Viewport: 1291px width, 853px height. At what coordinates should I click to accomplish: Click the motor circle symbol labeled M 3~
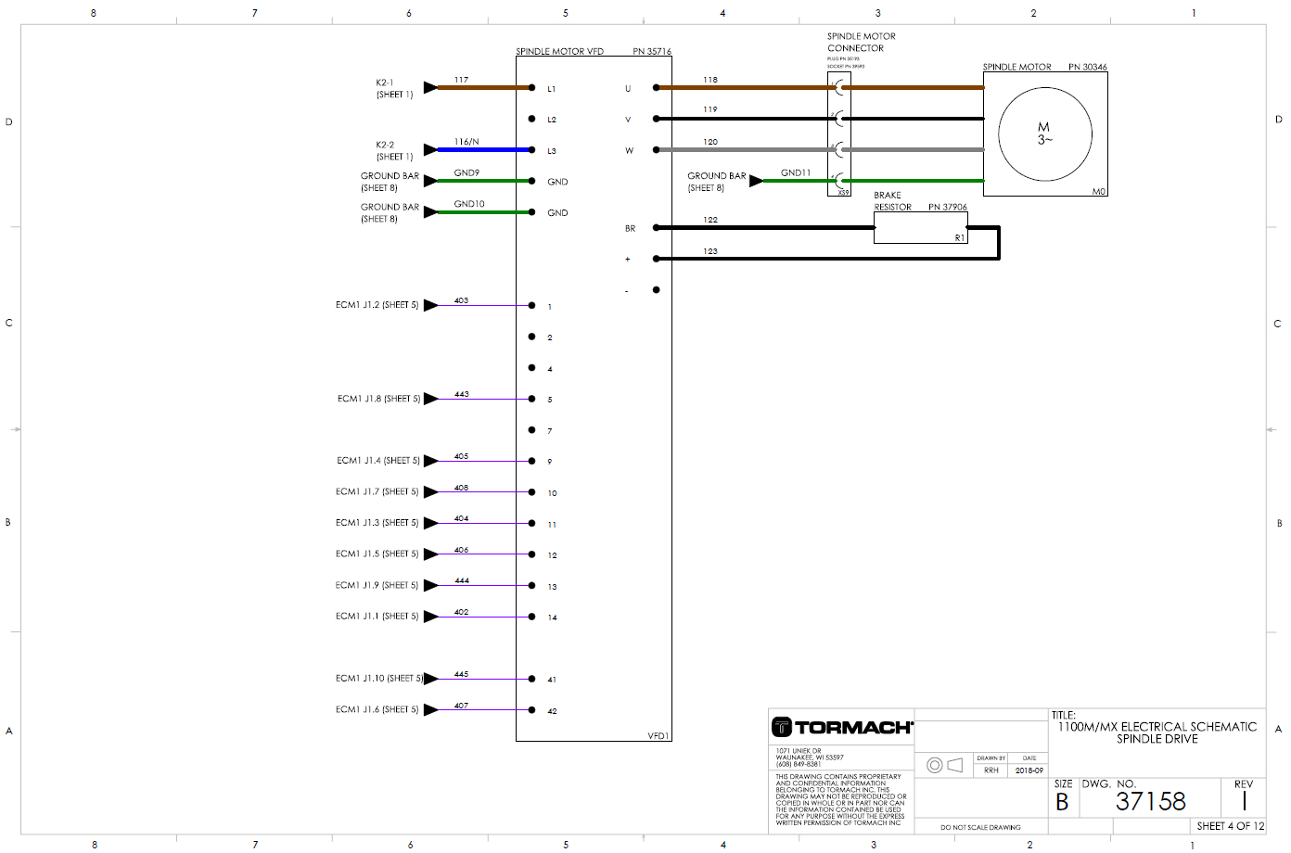[x=1044, y=134]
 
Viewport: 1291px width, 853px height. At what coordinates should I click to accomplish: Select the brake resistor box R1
[x=920, y=228]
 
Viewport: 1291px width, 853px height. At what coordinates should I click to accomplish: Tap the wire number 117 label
[x=461, y=80]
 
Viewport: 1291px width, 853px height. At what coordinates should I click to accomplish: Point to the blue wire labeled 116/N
[x=482, y=149]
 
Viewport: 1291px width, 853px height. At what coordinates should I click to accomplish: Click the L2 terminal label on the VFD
[x=552, y=120]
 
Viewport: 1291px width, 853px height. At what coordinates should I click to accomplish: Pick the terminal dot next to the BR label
[x=656, y=227]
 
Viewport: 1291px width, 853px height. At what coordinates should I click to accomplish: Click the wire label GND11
[x=795, y=172]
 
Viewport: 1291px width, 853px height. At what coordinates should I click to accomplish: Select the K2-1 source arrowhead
[x=430, y=87]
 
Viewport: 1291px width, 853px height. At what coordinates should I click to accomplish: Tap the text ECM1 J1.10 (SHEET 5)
[x=379, y=679]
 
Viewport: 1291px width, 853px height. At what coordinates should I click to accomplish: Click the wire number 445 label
[x=461, y=674]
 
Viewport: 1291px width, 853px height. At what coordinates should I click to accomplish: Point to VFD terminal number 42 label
[x=552, y=711]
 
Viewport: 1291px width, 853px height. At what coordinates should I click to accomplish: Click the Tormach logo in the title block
[x=842, y=727]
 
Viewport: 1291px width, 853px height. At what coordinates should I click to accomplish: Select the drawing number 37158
[x=1150, y=801]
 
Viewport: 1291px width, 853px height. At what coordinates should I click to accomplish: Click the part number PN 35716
[x=652, y=52]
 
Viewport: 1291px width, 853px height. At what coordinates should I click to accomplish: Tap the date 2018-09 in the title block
[x=1029, y=770]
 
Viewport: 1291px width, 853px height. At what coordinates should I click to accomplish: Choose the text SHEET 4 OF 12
[x=1230, y=826]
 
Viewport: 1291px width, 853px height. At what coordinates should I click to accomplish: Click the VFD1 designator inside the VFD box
[x=658, y=735]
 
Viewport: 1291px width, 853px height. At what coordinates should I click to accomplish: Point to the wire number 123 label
[x=709, y=251]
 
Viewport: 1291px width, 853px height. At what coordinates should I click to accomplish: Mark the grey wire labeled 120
[x=742, y=149]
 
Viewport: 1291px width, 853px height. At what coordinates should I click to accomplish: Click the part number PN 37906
[x=947, y=208]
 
